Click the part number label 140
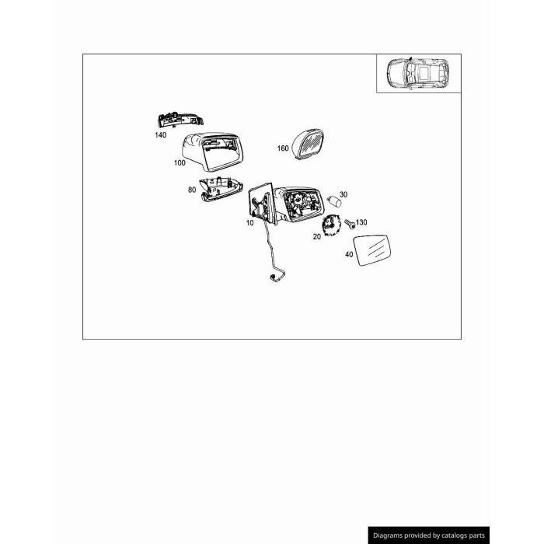(161, 135)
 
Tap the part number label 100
(180, 162)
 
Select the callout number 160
(283, 148)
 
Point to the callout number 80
(192, 190)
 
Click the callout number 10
(250, 223)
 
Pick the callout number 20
(317, 237)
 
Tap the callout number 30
(343, 194)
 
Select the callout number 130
(361, 222)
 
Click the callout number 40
(349, 255)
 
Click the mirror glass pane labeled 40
(372, 250)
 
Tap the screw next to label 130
(350, 224)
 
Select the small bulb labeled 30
(334, 201)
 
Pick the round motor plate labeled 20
(330, 225)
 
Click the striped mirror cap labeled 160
(308, 145)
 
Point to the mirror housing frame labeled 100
(212, 152)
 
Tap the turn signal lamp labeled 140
(180, 120)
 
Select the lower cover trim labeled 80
(221, 190)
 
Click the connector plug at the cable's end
(271, 277)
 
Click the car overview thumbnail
(418, 74)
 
